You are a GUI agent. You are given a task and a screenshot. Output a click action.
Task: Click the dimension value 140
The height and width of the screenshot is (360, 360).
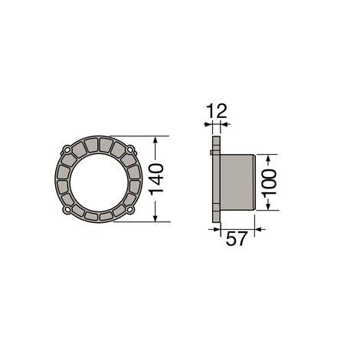(156, 179)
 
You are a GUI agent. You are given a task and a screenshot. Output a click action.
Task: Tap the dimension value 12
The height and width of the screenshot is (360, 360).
(216, 111)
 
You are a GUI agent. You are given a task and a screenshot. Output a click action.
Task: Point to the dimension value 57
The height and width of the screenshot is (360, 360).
(237, 238)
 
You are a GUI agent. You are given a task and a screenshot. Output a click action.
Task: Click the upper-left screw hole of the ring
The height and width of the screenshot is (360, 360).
(67, 150)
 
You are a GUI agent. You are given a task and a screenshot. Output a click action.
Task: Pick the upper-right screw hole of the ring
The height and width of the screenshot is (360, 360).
(130, 149)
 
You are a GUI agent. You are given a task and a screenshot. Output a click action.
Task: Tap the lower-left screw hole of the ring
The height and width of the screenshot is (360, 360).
(67, 210)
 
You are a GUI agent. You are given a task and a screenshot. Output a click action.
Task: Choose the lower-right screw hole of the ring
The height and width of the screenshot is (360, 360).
(130, 210)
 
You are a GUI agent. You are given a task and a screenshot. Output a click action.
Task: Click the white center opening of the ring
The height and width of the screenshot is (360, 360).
(99, 182)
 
